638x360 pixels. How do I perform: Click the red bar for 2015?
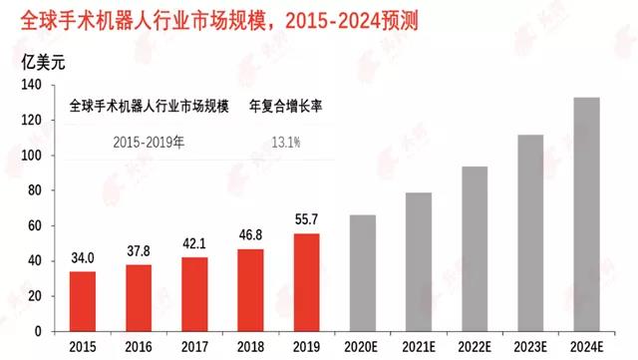[84, 301]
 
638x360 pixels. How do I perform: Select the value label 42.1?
[195, 244]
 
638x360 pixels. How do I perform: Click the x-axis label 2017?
[195, 346]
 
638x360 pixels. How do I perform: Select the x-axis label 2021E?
[418, 346]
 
